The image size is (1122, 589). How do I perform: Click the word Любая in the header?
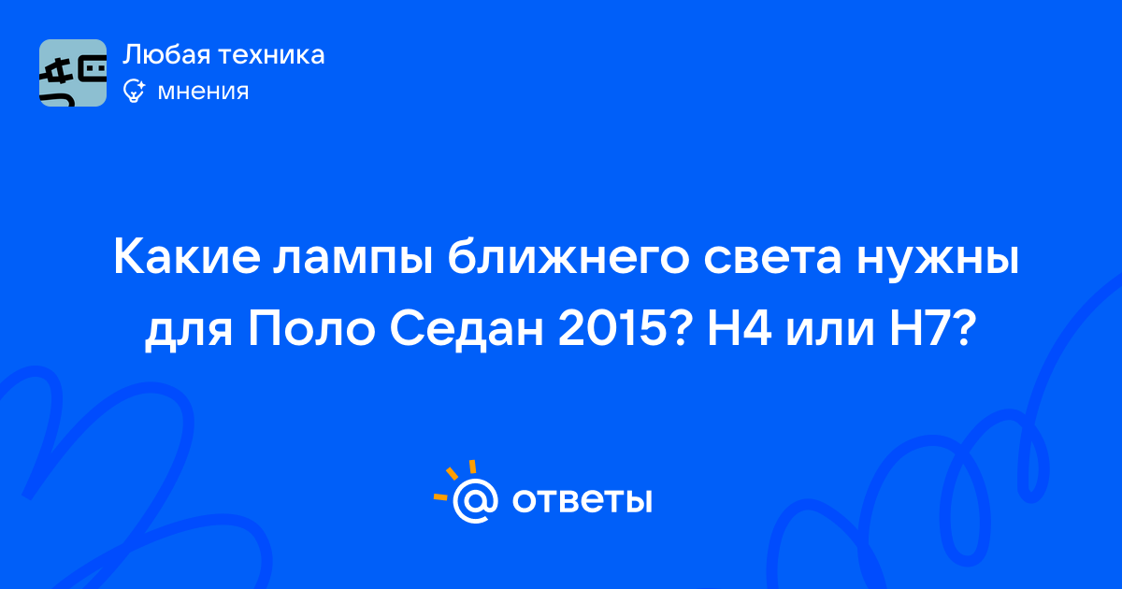coord(166,55)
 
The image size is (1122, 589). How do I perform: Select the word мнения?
coord(203,92)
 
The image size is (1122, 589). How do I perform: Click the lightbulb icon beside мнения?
coord(134,92)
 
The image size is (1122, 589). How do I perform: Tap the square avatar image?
coord(73,73)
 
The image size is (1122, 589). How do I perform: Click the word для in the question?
coord(188,334)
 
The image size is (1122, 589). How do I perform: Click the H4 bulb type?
coord(740,329)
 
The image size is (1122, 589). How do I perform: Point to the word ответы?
coord(582,501)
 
